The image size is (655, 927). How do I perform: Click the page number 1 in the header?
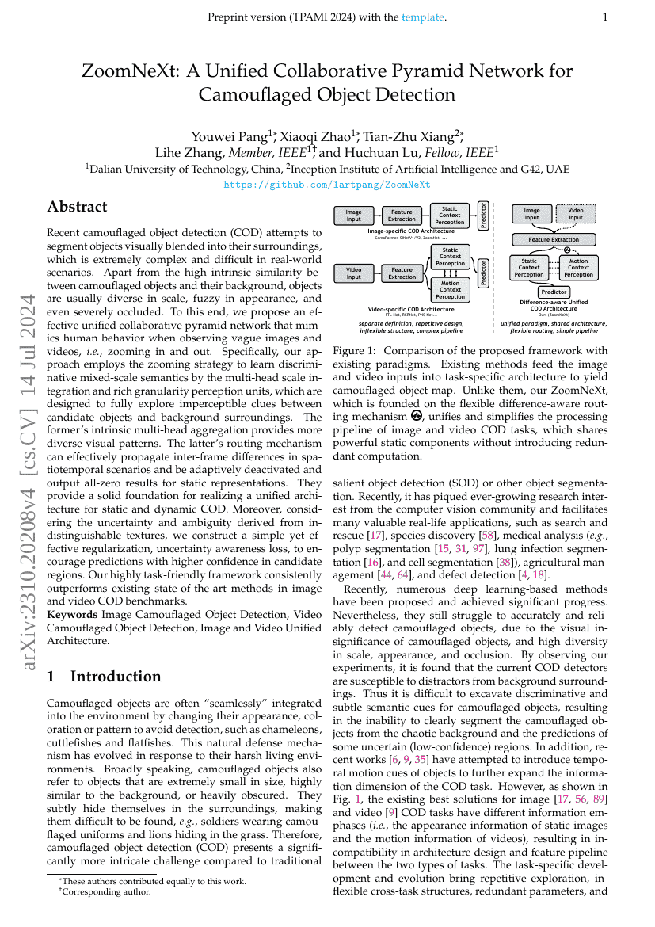click(604, 17)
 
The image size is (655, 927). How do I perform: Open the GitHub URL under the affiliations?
click(327, 185)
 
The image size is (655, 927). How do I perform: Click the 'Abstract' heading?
click(77, 208)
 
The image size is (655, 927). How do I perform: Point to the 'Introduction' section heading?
click(116, 676)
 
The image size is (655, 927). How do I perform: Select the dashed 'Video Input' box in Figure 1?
click(576, 214)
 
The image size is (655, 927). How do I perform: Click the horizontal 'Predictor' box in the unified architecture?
click(554, 292)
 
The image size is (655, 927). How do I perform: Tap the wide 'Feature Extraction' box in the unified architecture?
click(554, 238)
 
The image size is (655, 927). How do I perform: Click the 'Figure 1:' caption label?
click(358, 351)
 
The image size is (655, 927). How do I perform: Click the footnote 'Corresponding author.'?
click(106, 891)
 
